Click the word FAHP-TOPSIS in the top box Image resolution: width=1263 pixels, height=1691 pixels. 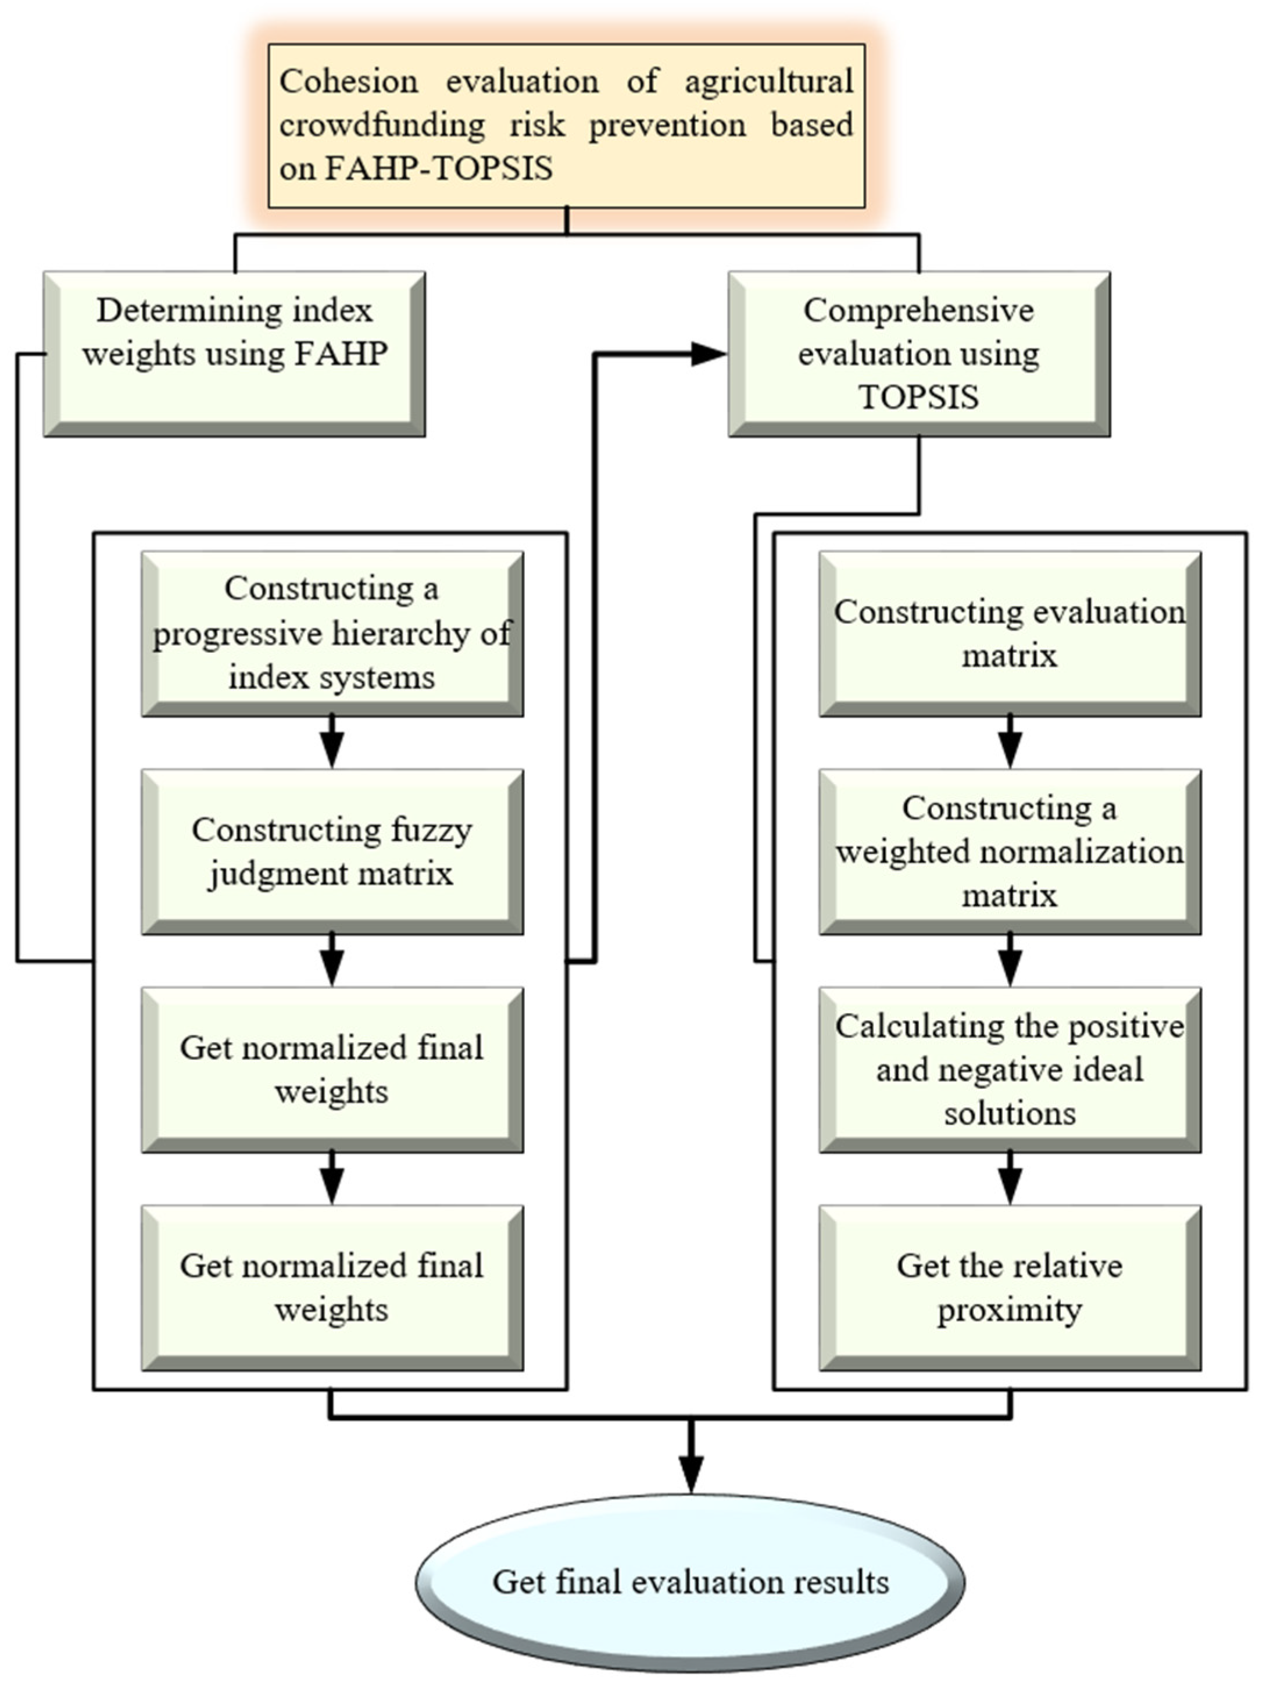(438, 168)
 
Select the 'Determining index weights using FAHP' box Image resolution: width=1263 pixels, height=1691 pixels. (234, 354)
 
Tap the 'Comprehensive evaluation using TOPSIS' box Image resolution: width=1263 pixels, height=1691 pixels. (918, 354)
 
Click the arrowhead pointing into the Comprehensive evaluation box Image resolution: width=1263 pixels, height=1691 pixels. (707, 354)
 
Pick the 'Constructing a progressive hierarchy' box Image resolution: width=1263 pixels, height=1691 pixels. (332, 633)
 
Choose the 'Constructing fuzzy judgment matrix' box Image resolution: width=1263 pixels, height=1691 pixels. (332, 852)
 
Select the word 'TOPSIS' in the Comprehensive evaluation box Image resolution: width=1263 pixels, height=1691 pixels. (918, 398)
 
